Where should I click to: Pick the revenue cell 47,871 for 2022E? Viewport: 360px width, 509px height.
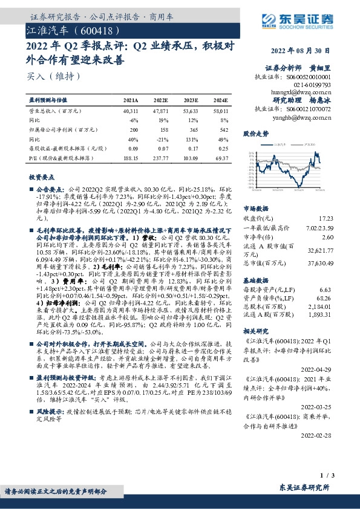[x=161, y=112]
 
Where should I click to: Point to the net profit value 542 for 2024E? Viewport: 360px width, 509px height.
[x=224, y=129]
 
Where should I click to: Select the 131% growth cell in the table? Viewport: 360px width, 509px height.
[x=191, y=138]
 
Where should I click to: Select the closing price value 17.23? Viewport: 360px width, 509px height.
[x=326, y=218]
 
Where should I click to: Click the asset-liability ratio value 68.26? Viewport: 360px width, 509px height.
[x=326, y=298]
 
